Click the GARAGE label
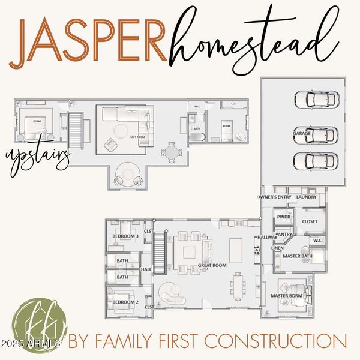[301, 133]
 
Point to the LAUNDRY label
[306, 197]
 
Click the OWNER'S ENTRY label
[274, 197]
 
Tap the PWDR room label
[283, 217]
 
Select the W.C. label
[318, 241]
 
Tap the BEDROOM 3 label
[125, 236]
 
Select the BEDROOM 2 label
[125, 302]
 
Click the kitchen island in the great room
[236, 247]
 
